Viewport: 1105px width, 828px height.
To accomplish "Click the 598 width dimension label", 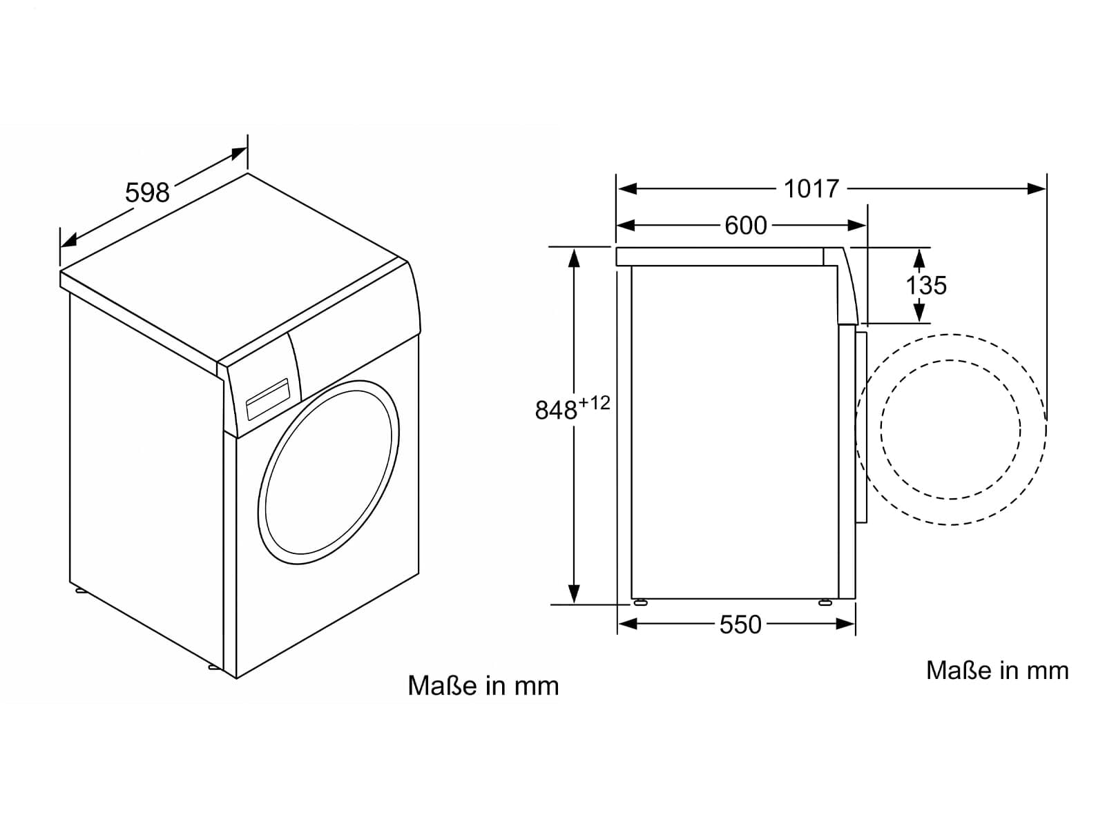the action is pos(147,193).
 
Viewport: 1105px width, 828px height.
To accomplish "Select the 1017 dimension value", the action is pos(811,189).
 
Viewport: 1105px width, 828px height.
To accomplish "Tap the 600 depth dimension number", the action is pos(746,225).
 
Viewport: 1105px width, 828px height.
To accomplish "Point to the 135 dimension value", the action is pos(926,285).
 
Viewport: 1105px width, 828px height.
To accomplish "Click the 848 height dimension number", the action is pos(556,411).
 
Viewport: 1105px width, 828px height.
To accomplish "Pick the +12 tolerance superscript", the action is pos(594,402).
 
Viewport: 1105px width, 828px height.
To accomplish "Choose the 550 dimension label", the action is pos(740,625).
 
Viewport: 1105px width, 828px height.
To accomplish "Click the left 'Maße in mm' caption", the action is pos(483,686).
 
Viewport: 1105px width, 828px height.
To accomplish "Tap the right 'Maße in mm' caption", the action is pos(997,671).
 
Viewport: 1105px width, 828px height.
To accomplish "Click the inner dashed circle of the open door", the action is pos(951,429).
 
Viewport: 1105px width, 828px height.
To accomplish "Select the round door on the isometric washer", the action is pos(328,473).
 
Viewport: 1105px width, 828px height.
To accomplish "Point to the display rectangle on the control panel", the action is pos(267,399).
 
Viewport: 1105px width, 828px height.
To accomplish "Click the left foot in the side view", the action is pos(640,602).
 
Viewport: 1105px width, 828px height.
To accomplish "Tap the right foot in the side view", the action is pos(825,602).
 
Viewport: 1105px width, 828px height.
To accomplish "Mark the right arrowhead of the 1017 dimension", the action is pos(1037,189).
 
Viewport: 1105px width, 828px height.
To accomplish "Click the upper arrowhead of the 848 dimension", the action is pos(573,257).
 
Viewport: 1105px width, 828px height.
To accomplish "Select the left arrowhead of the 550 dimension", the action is pos(628,624).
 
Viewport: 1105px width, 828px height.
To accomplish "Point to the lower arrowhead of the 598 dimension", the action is pos(69,240).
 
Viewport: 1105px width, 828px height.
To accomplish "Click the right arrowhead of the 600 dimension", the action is pos(857,225).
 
